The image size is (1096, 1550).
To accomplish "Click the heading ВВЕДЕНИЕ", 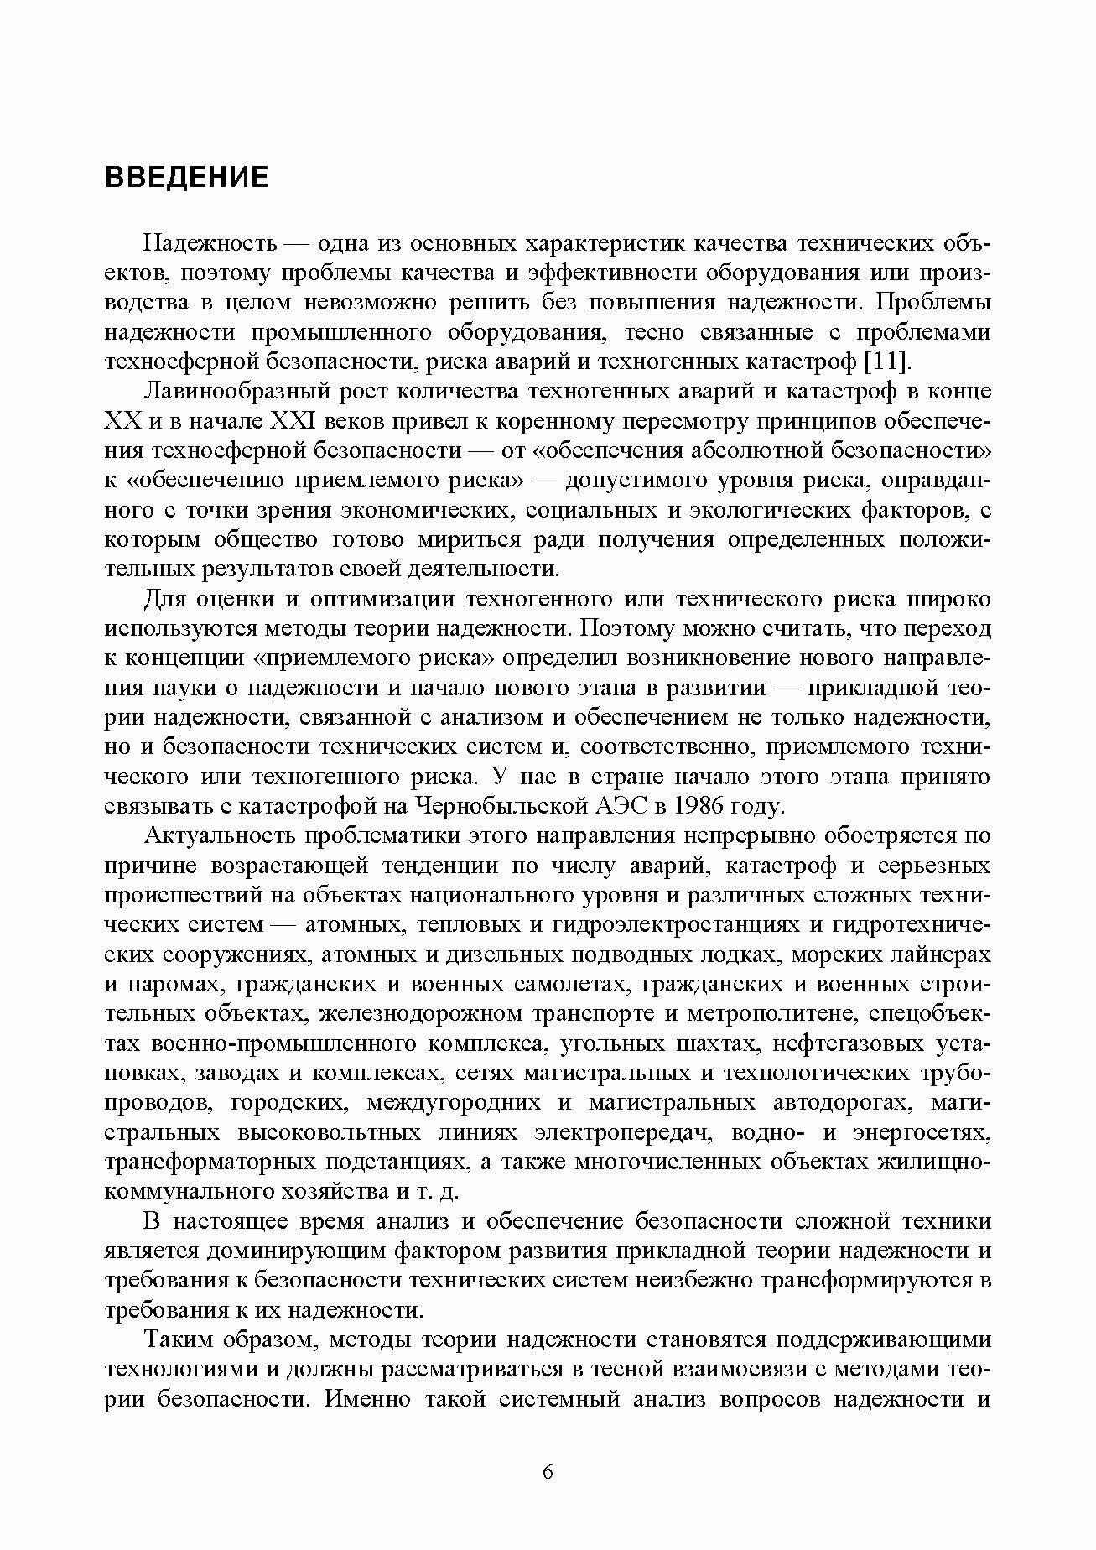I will [186, 178].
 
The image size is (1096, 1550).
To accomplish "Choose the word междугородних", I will [460, 1103].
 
